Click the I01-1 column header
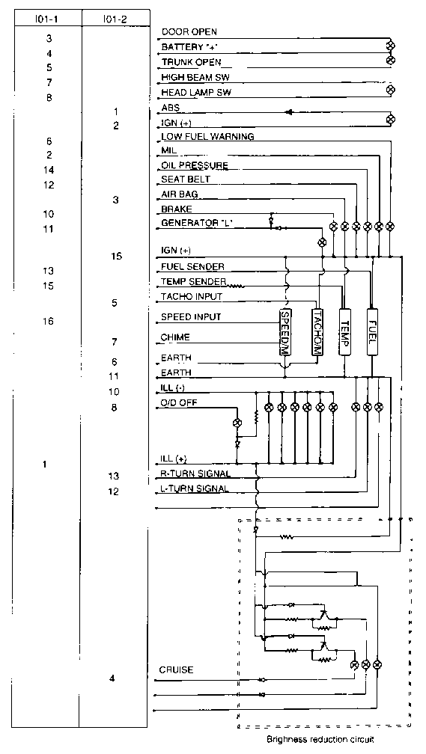(x=47, y=19)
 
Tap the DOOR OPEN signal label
(x=189, y=32)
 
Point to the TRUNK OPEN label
(x=192, y=62)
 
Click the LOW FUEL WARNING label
(x=207, y=137)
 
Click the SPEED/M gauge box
(x=286, y=331)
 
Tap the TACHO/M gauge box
(x=317, y=331)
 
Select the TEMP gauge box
(x=345, y=331)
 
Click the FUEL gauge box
(x=373, y=331)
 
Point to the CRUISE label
(x=176, y=670)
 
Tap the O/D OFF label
(x=179, y=402)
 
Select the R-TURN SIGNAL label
(x=196, y=473)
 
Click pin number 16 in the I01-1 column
(x=48, y=321)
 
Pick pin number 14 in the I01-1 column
(x=49, y=170)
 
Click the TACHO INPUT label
(x=192, y=297)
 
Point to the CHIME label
(x=175, y=337)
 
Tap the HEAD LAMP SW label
(x=196, y=93)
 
